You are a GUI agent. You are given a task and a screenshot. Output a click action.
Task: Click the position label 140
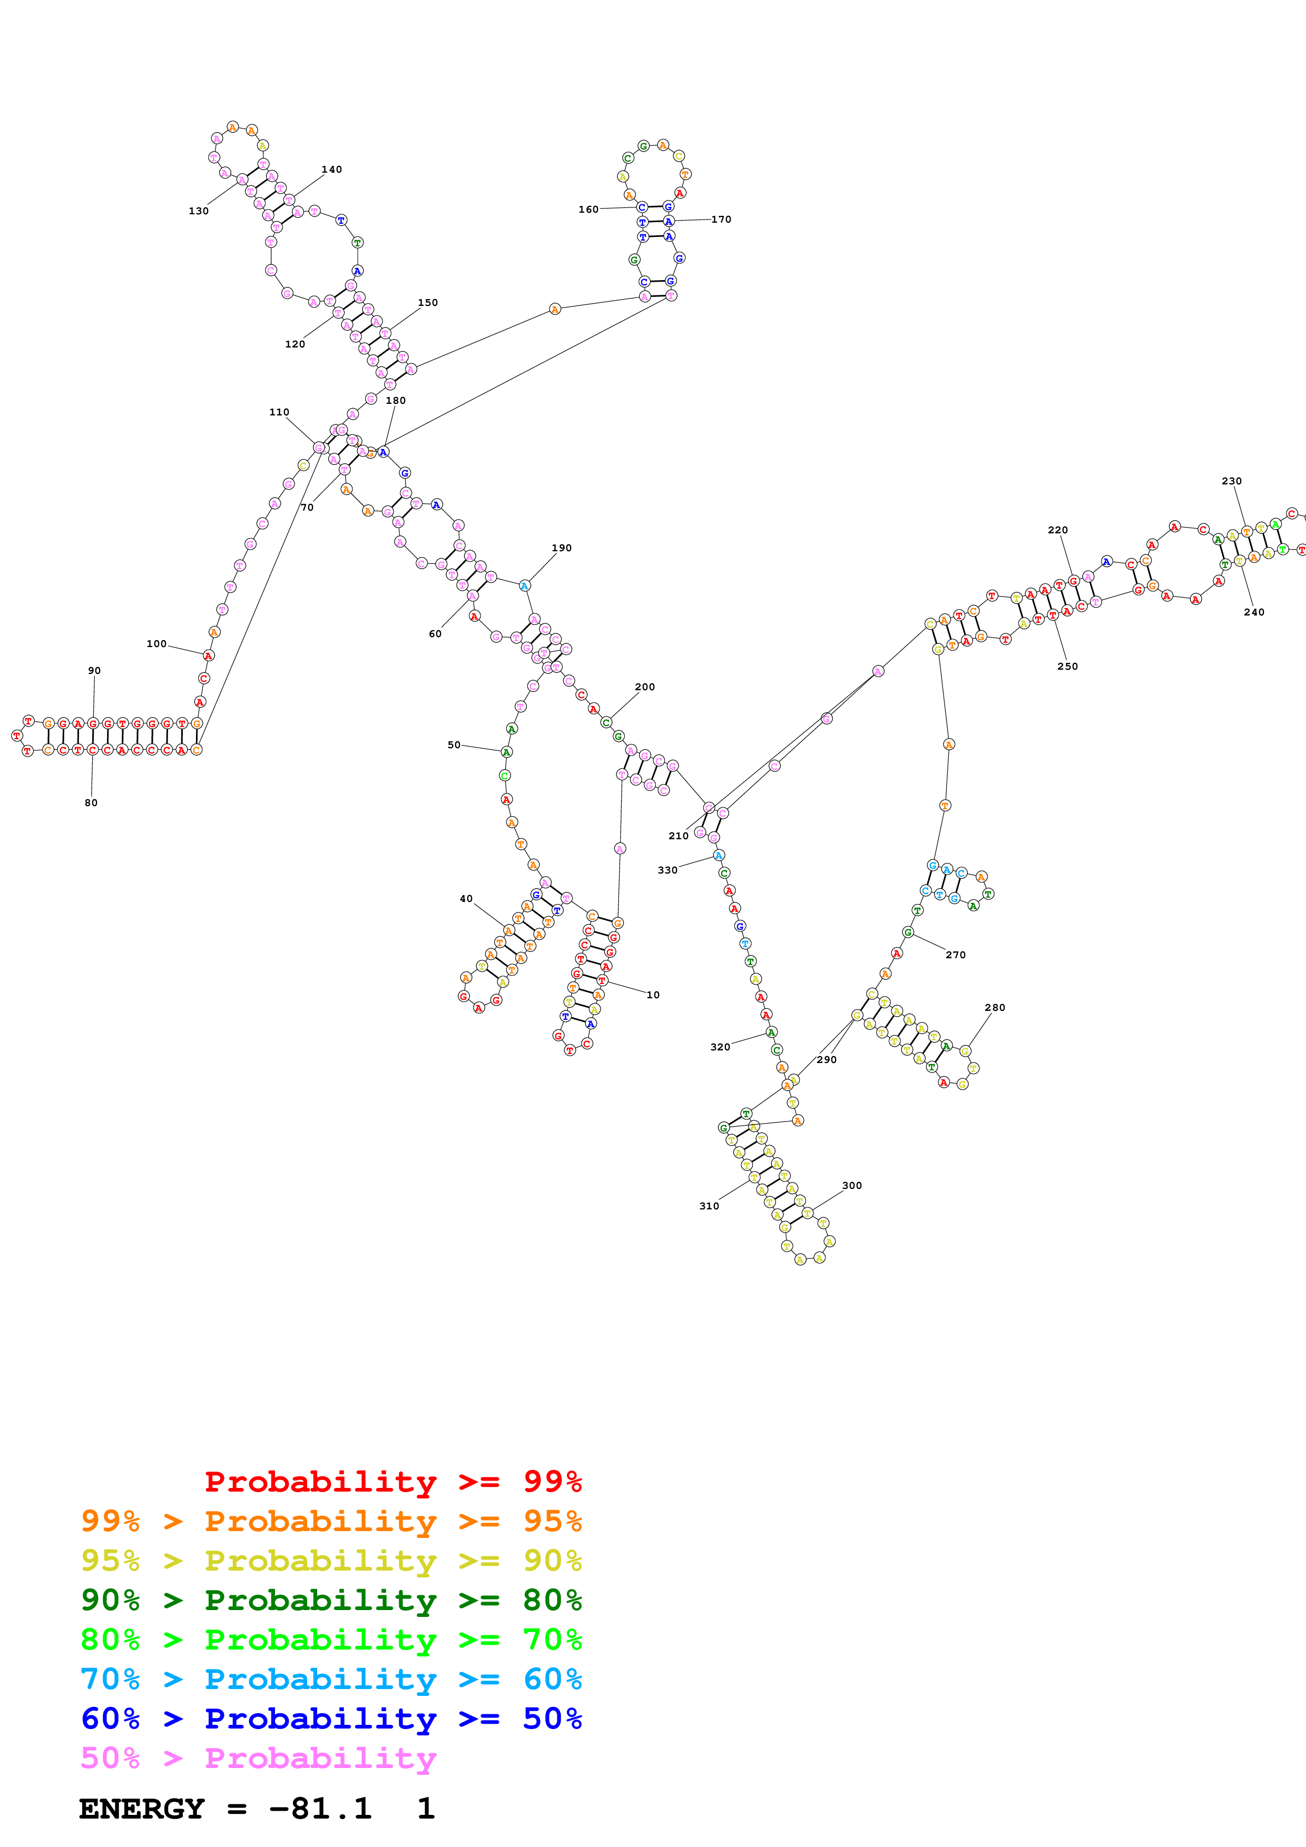point(331,170)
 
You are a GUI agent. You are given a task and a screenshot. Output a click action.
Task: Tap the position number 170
point(721,220)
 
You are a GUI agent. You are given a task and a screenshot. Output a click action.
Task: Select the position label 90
point(94,671)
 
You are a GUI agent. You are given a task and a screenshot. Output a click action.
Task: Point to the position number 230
point(1231,482)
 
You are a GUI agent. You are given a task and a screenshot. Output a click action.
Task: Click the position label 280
point(995,1008)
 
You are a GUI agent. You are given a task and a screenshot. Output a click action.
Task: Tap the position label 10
point(653,995)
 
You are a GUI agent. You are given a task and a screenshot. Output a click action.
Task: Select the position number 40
point(466,899)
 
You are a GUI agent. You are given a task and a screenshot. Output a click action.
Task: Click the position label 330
point(667,870)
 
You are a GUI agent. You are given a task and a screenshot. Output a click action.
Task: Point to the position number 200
point(644,687)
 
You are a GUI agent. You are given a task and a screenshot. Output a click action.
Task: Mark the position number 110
point(279,413)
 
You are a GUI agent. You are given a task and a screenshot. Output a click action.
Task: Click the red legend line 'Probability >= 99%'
point(392,1482)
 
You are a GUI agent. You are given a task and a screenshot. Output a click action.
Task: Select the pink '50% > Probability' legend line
point(258,1759)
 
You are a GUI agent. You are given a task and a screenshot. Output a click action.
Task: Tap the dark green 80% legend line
point(331,1600)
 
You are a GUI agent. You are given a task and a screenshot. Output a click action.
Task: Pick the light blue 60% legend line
point(331,1680)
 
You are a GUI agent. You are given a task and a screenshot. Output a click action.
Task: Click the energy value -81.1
point(320,1809)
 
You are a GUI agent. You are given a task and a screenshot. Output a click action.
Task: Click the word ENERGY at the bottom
point(142,1809)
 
